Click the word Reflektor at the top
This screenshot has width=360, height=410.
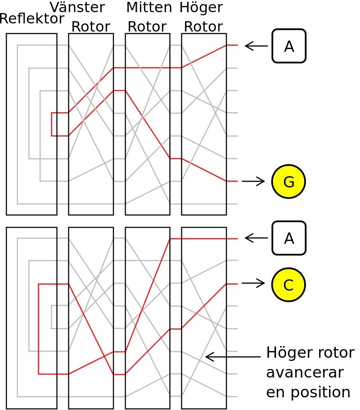tap(32, 19)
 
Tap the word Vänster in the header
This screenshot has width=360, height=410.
tap(77, 7)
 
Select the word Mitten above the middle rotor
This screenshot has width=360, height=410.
tap(149, 7)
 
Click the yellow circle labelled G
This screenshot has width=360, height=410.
tap(288, 182)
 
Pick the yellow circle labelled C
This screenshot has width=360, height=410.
tap(288, 284)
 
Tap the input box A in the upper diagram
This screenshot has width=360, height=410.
tap(289, 46)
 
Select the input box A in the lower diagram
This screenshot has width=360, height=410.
tap(289, 238)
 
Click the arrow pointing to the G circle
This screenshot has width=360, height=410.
tap(253, 182)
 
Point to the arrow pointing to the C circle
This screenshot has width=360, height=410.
tap(253, 283)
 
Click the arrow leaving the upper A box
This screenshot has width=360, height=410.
tap(256, 46)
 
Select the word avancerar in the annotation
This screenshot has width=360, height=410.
tap(305, 373)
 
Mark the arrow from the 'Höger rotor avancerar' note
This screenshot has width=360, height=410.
tap(233, 357)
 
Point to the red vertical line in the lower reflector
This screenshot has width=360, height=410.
tap(39, 329)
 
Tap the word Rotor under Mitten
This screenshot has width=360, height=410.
tap(147, 27)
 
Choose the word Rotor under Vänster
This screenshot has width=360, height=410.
tap(90, 27)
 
